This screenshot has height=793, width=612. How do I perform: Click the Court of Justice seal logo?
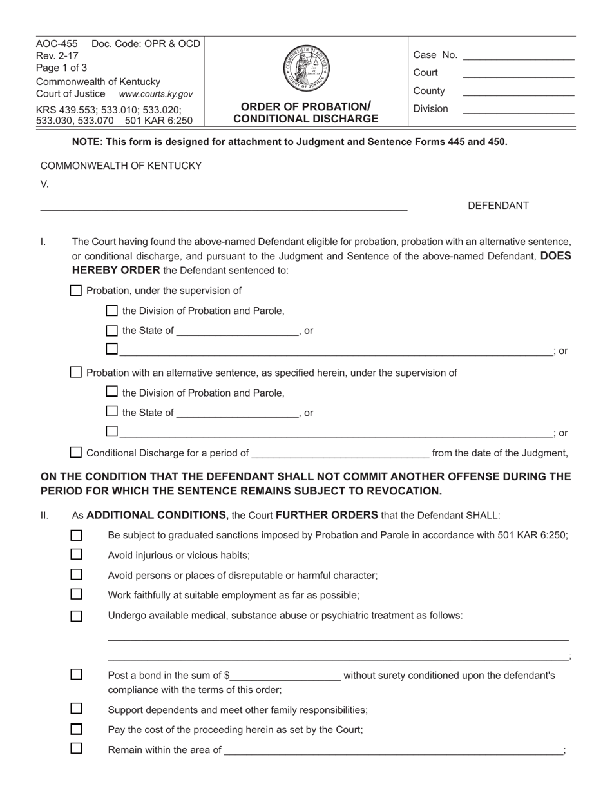pos(306,68)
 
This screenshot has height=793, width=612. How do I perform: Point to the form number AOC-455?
pos(57,44)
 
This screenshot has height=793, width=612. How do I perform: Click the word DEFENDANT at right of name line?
pos(498,206)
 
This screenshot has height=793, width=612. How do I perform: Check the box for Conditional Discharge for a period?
pos(76,453)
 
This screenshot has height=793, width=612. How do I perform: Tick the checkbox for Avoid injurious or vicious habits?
pos(77,554)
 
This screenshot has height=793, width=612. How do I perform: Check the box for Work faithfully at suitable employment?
pos(77,594)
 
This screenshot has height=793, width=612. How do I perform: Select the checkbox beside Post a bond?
pos(77,674)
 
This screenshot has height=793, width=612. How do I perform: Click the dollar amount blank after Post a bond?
pos(285,676)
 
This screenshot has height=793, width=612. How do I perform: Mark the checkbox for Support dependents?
pos(77,709)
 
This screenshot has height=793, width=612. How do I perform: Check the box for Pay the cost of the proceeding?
pos(77,729)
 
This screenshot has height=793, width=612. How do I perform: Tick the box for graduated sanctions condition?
pos(77,535)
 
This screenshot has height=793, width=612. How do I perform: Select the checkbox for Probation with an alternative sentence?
pos(76,372)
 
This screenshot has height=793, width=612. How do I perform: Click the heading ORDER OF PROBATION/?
pos(306,106)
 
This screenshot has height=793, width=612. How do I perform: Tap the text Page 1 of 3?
pos(62,68)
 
